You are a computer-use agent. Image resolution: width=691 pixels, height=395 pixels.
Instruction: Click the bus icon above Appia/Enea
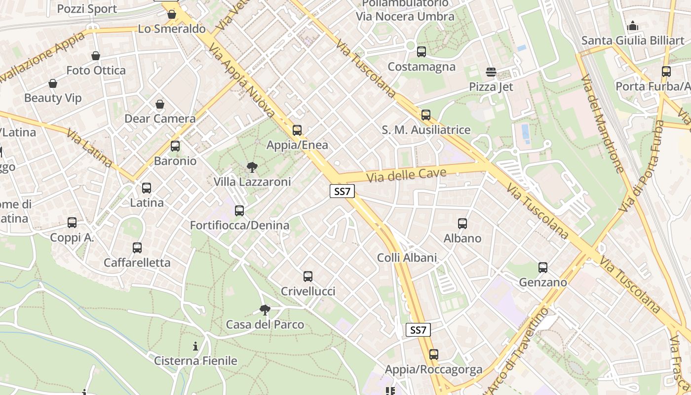(x=297, y=130)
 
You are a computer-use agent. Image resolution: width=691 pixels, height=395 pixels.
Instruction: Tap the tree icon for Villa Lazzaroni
(x=252, y=167)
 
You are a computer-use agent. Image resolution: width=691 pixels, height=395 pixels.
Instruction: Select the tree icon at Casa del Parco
(x=265, y=310)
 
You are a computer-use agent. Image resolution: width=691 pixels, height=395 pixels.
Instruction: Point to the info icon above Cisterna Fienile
(x=195, y=346)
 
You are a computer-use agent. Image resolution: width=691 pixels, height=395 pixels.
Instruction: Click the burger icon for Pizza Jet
(x=491, y=73)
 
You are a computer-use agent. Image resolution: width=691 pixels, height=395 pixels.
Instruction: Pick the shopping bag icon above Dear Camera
(x=160, y=104)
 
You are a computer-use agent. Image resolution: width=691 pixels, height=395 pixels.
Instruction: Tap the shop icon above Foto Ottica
(x=96, y=56)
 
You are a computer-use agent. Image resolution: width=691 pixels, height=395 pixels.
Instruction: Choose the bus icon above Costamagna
(x=421, y=52)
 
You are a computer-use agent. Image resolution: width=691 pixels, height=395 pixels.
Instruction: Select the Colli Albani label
(x=407, y=258)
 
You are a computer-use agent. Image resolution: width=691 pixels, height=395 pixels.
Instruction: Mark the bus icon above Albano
(x=462, y=224)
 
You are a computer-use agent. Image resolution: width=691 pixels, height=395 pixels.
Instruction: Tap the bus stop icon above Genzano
(x=543, y=268)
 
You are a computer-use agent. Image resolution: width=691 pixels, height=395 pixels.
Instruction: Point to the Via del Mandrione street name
(x=602, y=124)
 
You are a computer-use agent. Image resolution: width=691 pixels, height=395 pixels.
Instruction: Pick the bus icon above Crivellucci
(x=308, y=276)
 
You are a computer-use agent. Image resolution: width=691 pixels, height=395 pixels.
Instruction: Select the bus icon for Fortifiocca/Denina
(x=239, y=211)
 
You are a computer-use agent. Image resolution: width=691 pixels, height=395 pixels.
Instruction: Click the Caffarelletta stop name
(x=137, y=263)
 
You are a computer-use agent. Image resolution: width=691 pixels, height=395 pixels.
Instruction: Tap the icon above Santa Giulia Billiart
(x=633, y=26)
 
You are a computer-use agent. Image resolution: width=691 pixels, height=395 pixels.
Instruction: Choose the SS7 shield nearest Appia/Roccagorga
(x=418, y=330)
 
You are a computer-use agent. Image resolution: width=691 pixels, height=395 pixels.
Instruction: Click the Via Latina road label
(x=89, y=148)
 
